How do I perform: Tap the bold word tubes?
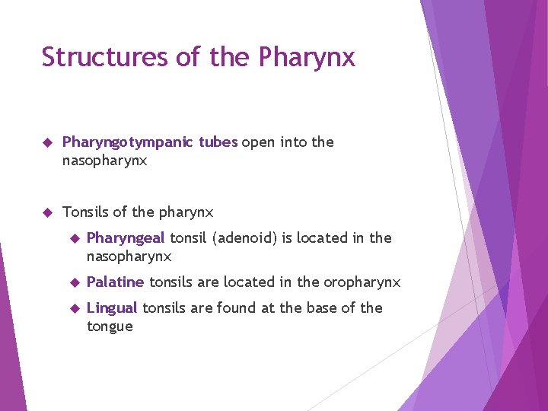coord(218,142)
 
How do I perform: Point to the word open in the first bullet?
coord(259,142)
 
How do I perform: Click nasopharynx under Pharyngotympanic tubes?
coord(104,161)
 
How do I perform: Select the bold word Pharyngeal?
coord(126,238)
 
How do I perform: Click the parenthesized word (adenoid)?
coord(245,238)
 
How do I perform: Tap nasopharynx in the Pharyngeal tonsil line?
coord(129,257)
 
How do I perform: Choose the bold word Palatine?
coord(115,282)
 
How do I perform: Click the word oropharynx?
coord(362,282)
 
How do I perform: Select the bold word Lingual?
coord(112,308)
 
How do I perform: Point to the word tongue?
coord(110,327)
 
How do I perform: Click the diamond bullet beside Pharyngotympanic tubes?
coord(46,142)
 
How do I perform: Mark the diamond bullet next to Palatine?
coord(74,282)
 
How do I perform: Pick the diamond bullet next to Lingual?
coord(74,308)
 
